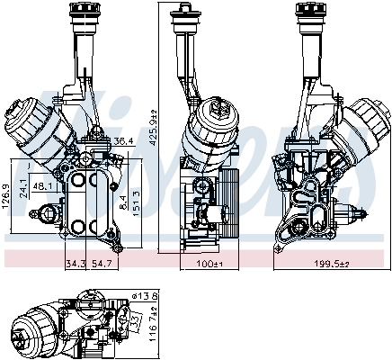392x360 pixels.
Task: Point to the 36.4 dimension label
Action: click(x=123, y=141)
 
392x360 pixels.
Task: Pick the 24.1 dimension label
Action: click(x=23, y=191)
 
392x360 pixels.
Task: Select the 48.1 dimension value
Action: click(x=40, y=187)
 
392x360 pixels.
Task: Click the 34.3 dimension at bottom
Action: click(x=76, y=264)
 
